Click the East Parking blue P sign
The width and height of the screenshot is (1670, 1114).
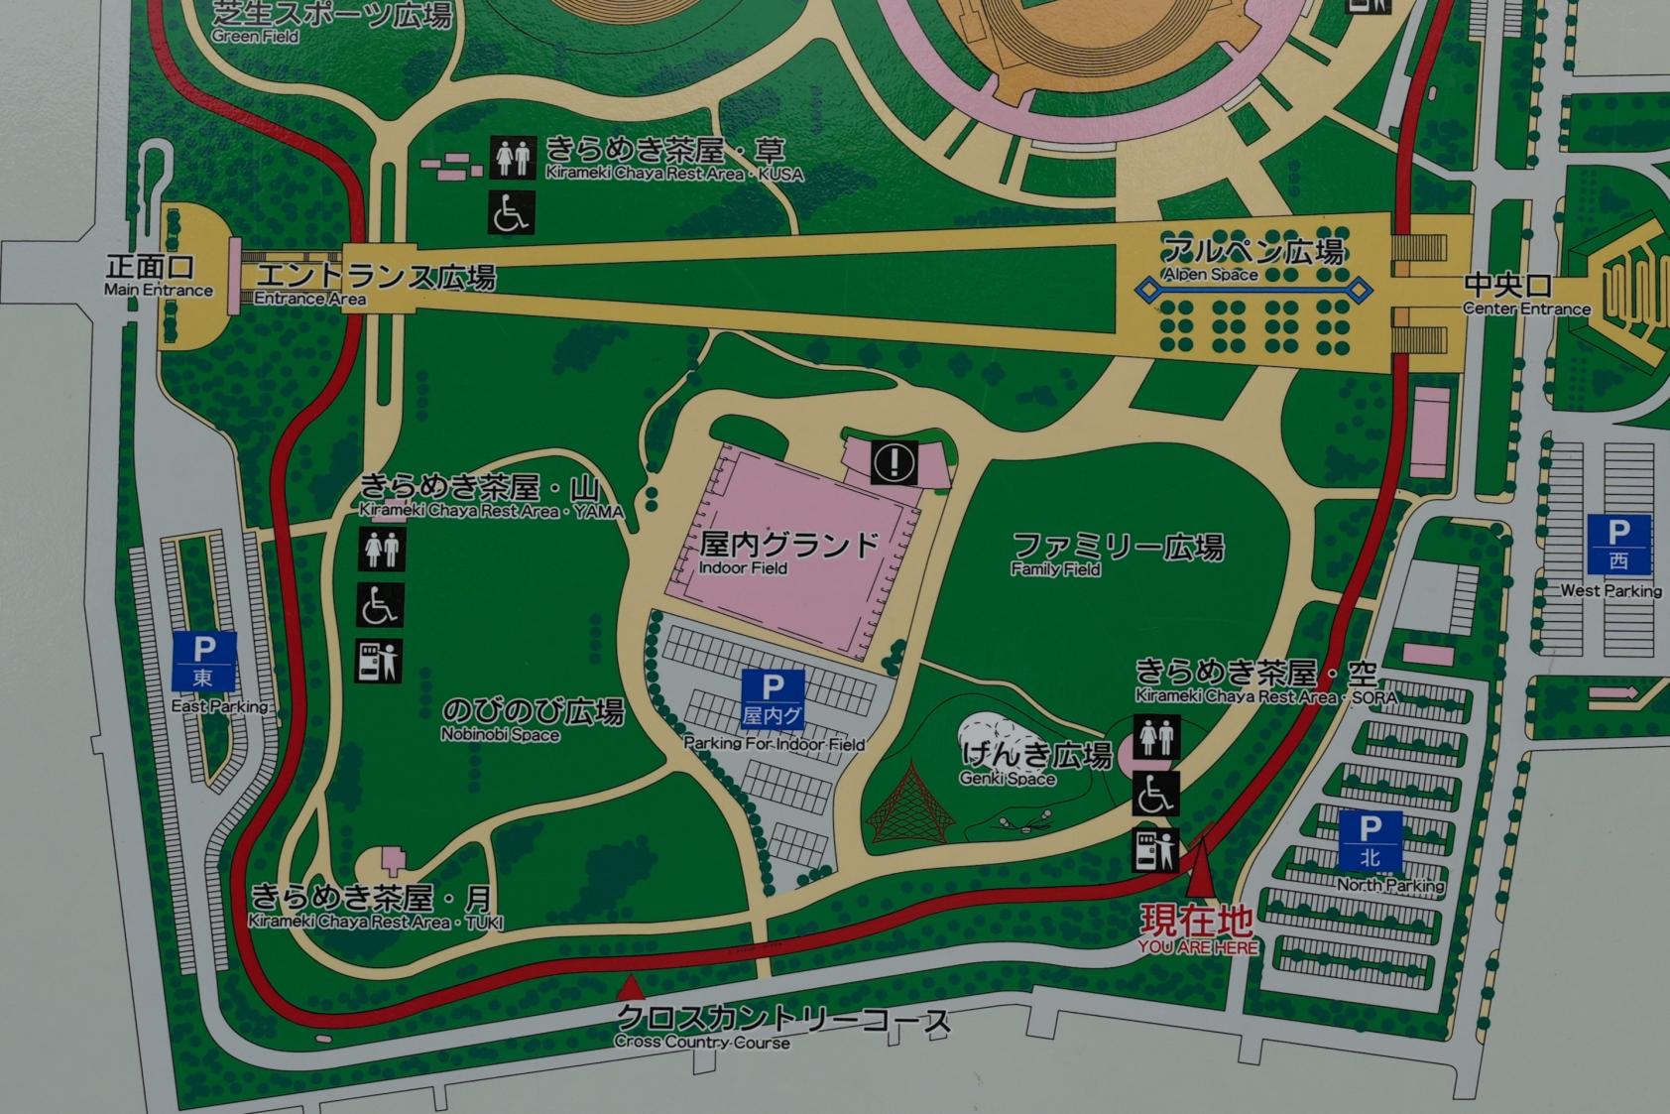[203, 661]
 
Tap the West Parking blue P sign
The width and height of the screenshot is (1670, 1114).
[1618, 544]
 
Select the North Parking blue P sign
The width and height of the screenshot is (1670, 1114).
[1370, 839]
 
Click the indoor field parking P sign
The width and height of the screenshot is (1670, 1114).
[773, 697]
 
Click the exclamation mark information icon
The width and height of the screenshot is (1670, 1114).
[895, 461]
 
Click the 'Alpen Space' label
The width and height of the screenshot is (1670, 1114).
[1253, 259]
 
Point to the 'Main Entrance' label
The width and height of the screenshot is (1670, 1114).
[159, 277]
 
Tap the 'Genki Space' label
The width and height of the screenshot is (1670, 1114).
[1034, 763]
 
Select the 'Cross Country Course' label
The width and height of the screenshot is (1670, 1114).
[781, 1028]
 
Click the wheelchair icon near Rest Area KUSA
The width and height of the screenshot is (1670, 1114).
[512, 211]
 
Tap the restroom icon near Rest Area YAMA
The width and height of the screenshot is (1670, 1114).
[381, 549]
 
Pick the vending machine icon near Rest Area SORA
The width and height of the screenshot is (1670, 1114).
[1156, 850]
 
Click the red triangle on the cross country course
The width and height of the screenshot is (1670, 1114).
[629, 987]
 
